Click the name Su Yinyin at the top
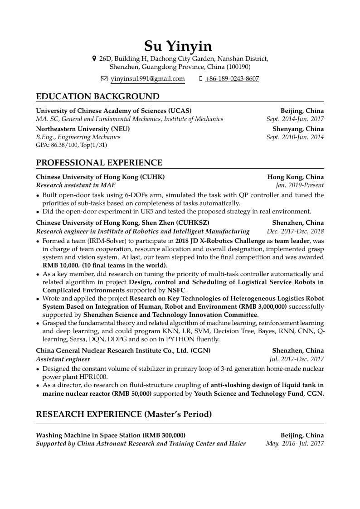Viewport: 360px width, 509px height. point(178,46)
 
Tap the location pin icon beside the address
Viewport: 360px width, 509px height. point(94,58)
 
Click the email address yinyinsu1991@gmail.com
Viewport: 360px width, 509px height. point(148,79)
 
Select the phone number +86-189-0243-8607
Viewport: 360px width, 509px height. point(232,79)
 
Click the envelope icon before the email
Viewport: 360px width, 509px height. point(104,79)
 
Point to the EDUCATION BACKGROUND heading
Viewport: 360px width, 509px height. point(97,97)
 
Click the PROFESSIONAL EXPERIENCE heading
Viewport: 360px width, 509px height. point(99,163)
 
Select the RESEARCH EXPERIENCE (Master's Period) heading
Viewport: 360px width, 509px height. point(124,414)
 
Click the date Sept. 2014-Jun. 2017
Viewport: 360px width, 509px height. point(295,119)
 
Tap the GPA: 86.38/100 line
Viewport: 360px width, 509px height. point(71,145)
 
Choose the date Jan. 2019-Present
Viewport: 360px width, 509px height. point(300,185)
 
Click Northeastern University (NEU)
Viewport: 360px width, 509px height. point(83,129)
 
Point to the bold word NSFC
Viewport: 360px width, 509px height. point(176,290)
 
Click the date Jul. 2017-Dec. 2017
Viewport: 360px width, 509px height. point(297,359)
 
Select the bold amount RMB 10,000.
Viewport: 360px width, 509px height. point(61,266)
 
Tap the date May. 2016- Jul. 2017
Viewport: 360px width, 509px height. point(295,443)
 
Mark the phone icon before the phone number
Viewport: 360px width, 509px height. point(200,79)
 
